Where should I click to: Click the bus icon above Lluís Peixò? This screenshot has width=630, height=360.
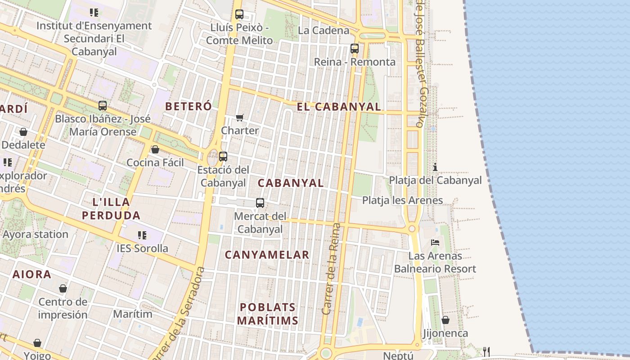(239, 14)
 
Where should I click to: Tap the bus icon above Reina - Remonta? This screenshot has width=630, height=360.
(355, 49)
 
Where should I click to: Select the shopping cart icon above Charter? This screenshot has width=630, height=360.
(240, 118)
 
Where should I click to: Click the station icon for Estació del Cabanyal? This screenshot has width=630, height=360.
(223, 157)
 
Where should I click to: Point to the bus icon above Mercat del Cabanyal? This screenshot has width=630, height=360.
(260, 203)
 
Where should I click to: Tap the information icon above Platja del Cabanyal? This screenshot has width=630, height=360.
(435, 167)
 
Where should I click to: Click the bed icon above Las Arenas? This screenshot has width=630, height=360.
(435, 242)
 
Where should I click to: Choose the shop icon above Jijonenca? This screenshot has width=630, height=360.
(445, 320)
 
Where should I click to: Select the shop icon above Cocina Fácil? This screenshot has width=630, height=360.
(155, 149)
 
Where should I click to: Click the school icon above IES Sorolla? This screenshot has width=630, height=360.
(142, 235)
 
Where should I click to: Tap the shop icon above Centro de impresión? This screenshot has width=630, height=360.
(63, 288)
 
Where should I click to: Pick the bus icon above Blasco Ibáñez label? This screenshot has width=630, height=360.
(103, 106)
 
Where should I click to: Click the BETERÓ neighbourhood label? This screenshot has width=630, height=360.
(188, 107)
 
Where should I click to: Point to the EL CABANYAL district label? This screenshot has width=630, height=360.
(338, 107)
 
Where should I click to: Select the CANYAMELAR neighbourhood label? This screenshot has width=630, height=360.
(267, 255)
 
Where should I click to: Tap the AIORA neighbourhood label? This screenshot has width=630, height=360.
(31, 274)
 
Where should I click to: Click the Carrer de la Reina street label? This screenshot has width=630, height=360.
(332, 269)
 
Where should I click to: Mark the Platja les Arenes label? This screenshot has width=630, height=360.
(402, 200)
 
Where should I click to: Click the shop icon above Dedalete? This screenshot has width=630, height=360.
(23, 132)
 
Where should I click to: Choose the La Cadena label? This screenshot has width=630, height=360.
(324, 31)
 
